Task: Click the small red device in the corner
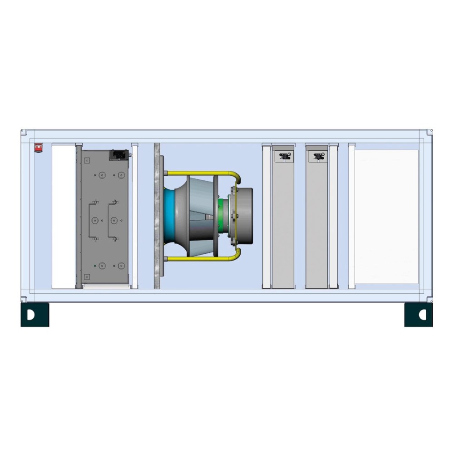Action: point(39,147)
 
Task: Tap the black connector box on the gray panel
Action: point(118,155)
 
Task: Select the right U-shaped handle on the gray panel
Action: point(112,220)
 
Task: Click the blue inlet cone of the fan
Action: point(169,216)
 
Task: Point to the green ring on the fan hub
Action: point(222,216)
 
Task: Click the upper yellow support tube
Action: point(200,173)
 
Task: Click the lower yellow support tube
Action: point(200,259)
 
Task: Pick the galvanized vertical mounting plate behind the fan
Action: point(157,216)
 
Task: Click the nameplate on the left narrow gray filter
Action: point(285,157)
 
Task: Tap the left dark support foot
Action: point(35,315)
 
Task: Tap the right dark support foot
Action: point(418,315)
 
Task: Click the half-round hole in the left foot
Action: point(30,315)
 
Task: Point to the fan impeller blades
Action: point(200,216)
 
